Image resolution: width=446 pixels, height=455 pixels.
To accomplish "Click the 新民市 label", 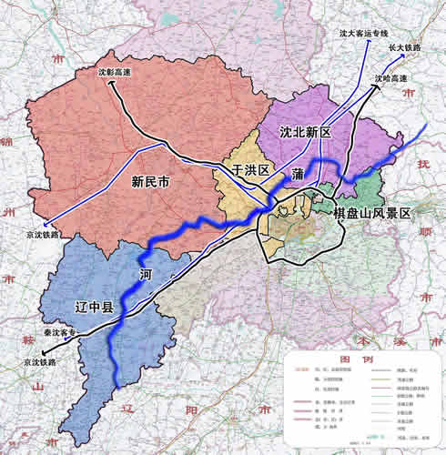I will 151,181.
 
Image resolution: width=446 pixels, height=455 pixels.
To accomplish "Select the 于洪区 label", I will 250,170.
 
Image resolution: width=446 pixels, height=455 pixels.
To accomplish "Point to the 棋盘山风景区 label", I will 372,213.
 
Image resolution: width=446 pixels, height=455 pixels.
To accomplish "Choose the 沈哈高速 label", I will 390,79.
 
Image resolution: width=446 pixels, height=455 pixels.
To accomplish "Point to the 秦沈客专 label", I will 61,333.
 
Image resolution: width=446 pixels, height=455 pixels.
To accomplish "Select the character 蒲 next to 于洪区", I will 298,173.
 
